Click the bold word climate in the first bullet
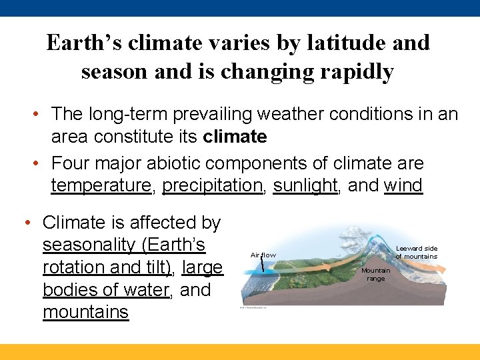[x=233, y=137]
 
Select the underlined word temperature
[x=101, y=185]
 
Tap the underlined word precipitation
[x=212, y=185]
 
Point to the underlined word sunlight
[x=305, y=185]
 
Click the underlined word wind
[x=403, y=185]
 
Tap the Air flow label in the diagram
[x=263, y=255]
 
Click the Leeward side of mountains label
[x=416, y=253]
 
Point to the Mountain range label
[x=375, y=275]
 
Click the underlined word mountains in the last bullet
[x=85, y=312]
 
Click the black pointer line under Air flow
[x=263, y=265]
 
